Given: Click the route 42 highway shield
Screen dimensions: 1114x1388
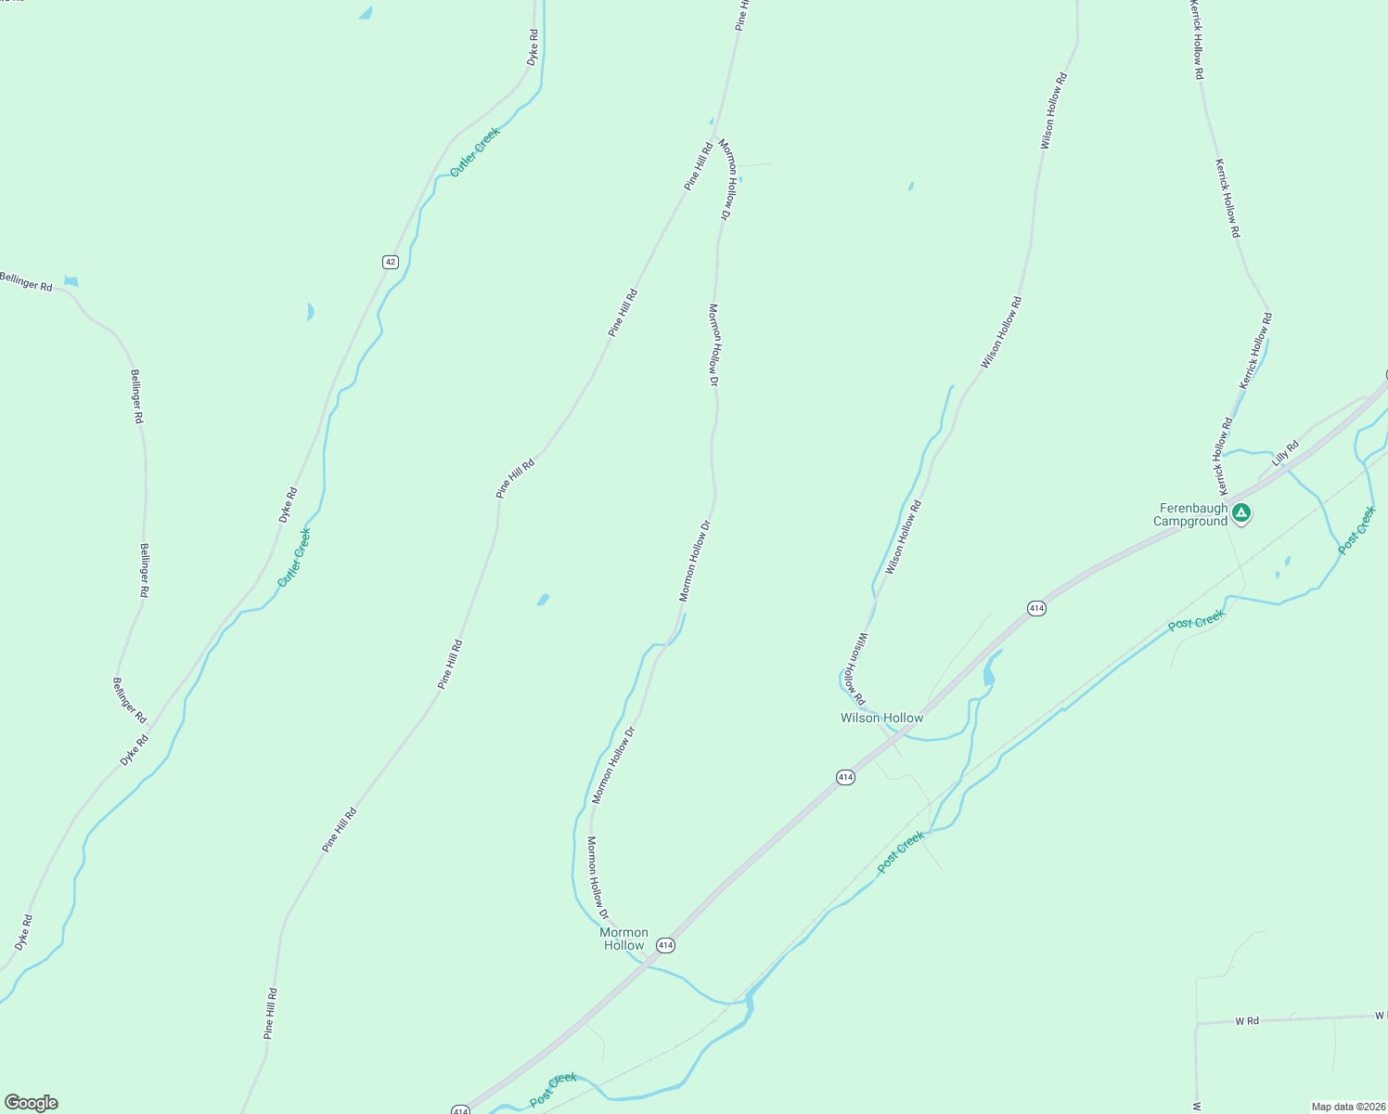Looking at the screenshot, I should (390, 262).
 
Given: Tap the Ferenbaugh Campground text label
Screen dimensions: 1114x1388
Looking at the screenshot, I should (1192, 515).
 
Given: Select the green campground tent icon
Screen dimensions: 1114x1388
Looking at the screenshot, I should (1241, 512).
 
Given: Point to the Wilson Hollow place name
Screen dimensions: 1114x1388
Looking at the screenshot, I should (881, 718).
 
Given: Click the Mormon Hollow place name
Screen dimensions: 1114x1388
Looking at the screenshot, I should (623, 939).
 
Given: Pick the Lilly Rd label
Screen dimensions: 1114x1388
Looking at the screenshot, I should (1285, 452).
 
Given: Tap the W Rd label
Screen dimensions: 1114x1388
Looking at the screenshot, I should (1246, 1021).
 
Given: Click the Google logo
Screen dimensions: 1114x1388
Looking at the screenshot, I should (31, 1103).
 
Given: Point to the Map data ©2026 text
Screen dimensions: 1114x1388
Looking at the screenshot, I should (1347, 1107).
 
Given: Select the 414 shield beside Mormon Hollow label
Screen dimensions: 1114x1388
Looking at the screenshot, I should (665, 945).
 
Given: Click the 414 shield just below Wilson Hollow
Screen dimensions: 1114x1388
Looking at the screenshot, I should (844, 777).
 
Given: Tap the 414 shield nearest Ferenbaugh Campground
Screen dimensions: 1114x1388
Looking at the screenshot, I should (1036, 608).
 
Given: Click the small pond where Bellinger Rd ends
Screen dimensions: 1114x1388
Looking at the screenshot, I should (71, 281).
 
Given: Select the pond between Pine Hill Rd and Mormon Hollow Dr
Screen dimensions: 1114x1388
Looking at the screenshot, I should (543, 601).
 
